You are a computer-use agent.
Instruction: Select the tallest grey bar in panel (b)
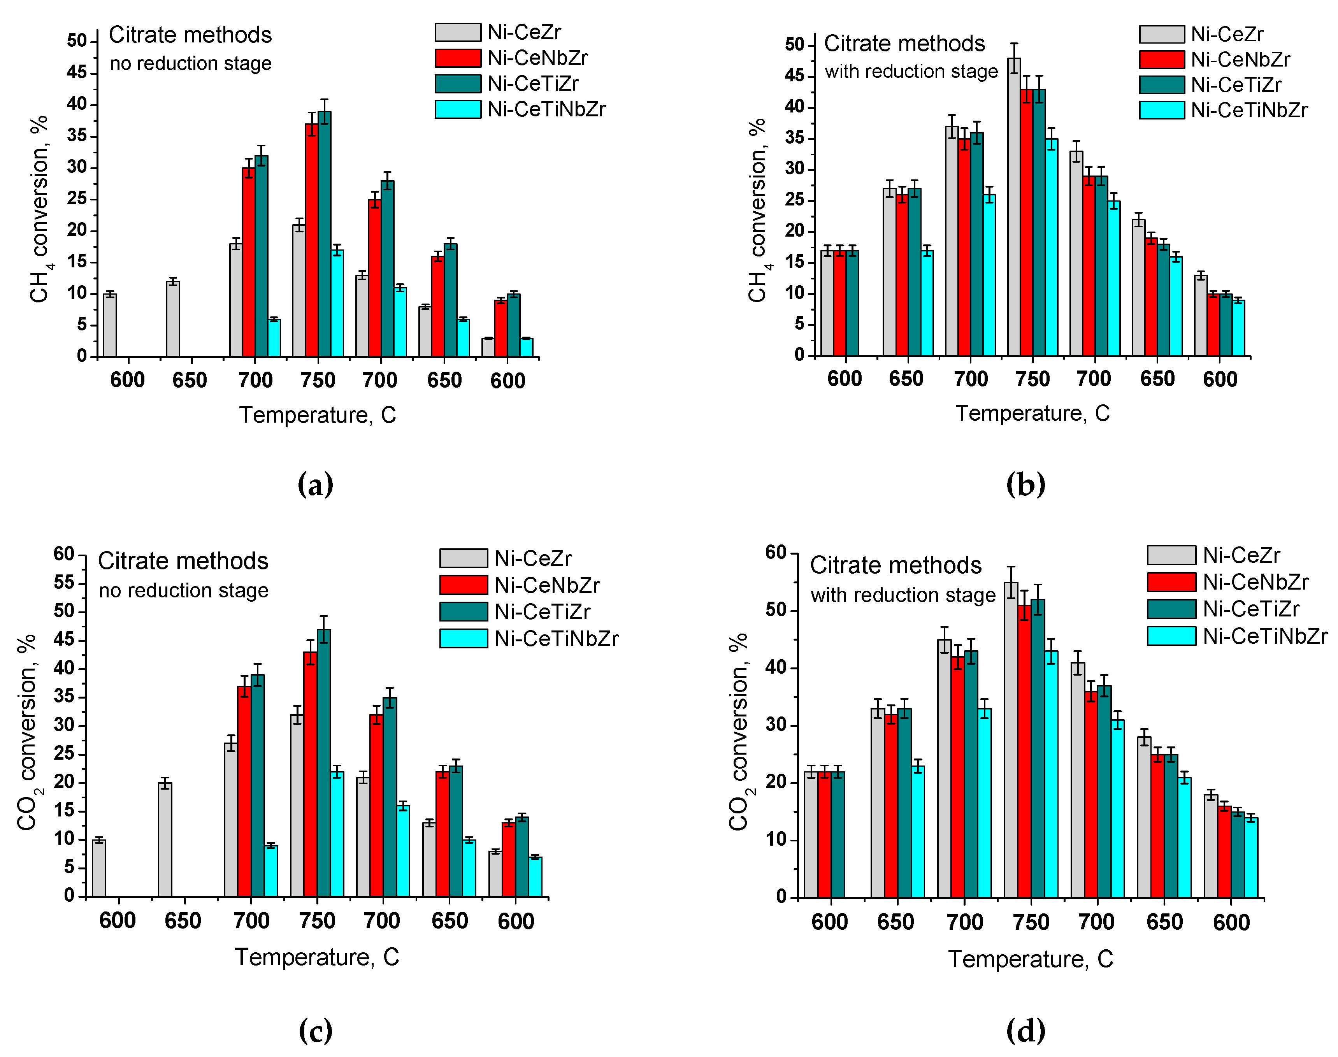(x=1014, y=207)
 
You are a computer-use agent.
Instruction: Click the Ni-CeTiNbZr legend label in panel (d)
(x=1264, y=636)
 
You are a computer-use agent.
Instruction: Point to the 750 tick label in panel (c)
(x=317, y=921)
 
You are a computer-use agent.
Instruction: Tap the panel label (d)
(x=1025, y=1031)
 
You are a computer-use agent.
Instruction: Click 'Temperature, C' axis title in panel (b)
(x=1032, y=413)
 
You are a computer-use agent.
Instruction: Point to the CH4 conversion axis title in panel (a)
(x=39, y=209)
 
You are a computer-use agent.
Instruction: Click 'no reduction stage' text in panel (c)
(x=183, y=590)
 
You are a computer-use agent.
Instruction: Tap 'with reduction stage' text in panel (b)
(x=911, y=72)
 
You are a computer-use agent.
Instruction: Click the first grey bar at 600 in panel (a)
(x=110, y=325)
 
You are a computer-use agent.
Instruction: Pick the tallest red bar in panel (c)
(x=310, y=774)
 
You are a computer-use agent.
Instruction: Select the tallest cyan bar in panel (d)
(x=1051, y=774)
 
